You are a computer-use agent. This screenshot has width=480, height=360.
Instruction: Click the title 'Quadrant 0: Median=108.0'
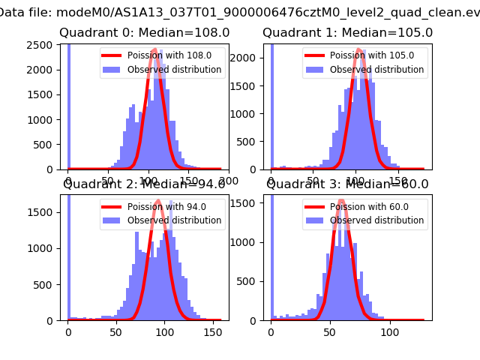144,33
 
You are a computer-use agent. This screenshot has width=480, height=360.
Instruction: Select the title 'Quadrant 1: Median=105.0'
347,33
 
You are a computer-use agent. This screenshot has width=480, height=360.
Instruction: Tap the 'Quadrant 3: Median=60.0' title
347,184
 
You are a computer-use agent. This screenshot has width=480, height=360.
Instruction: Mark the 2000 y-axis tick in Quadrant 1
247,58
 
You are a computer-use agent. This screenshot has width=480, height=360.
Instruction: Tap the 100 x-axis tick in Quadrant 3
389,331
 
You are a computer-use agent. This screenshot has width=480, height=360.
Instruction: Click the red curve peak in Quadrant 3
341,200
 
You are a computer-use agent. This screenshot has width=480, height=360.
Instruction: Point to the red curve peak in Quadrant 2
158,200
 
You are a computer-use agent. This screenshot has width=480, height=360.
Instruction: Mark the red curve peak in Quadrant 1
359,49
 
